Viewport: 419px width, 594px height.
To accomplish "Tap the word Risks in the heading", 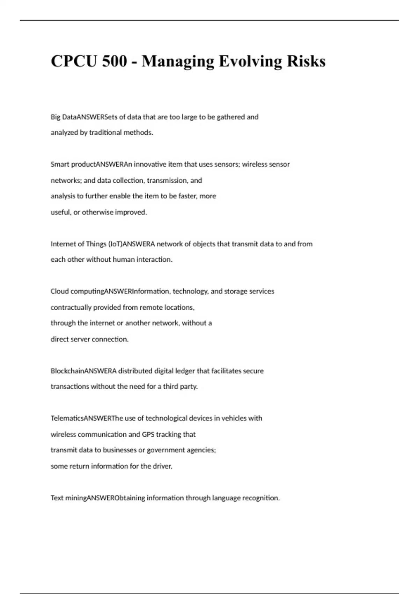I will pyautogui.click(x=306, y=61).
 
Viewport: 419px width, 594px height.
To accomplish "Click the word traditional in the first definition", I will pyautogui.click(x=105, y=133).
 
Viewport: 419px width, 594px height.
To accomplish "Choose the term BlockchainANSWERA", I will pyautogui.click(x=83, y=371).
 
